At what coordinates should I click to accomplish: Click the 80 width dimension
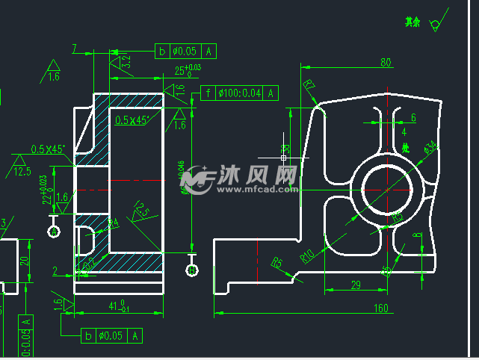(386, 63)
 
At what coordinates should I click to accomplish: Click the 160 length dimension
(382, 308)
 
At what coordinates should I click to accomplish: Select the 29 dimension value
(355, 285)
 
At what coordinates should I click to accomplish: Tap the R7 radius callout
(309, 85)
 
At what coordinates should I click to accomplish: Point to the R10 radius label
(306, 256)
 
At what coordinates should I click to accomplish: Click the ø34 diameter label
(430, 148)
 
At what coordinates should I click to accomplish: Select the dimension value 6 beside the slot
(413, 117)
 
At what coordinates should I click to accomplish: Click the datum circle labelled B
(192, 270)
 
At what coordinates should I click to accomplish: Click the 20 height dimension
(24, 260)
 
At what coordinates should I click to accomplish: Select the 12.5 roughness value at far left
(22, 172)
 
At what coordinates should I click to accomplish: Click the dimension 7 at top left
(75, 49)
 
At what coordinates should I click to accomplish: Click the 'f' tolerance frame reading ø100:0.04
(239, 93)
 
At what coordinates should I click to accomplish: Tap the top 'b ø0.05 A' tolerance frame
(186, 51)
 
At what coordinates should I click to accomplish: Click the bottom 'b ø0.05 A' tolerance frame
(109, 335)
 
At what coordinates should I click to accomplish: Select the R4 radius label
(114, 223)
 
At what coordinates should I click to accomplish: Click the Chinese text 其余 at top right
(412, 22)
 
